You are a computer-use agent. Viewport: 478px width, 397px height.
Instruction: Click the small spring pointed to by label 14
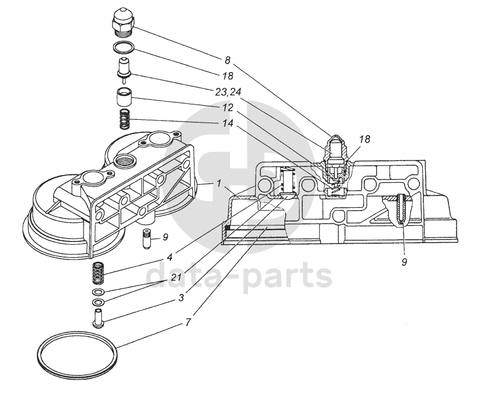124,119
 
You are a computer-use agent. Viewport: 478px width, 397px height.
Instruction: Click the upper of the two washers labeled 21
98,292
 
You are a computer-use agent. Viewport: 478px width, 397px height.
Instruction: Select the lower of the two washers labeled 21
98,303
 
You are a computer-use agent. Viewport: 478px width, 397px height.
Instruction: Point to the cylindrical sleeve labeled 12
124,97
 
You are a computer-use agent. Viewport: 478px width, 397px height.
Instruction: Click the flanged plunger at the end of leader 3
98,319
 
